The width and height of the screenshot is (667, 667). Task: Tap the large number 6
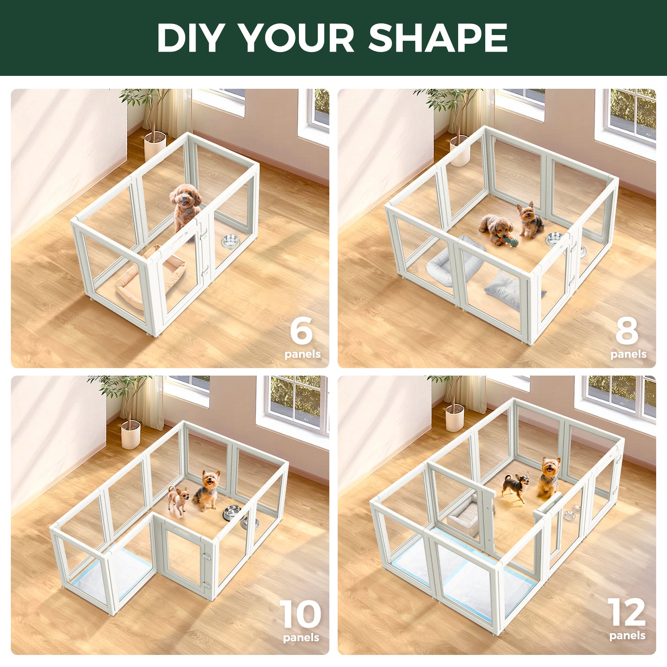pyautogui.click(x=301, y=330)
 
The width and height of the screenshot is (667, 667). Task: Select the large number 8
pyautogui.click(x=627, y=330)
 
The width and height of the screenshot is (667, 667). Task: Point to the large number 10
pyautogui.click(x=300, y=614)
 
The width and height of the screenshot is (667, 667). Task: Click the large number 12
pyautogui.click(x=627, y=612)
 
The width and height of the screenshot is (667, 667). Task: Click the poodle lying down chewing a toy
pyautogui.click(x=496, y=228)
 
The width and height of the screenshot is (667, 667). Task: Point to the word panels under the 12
pyautogui.click(x=627, y=636)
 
